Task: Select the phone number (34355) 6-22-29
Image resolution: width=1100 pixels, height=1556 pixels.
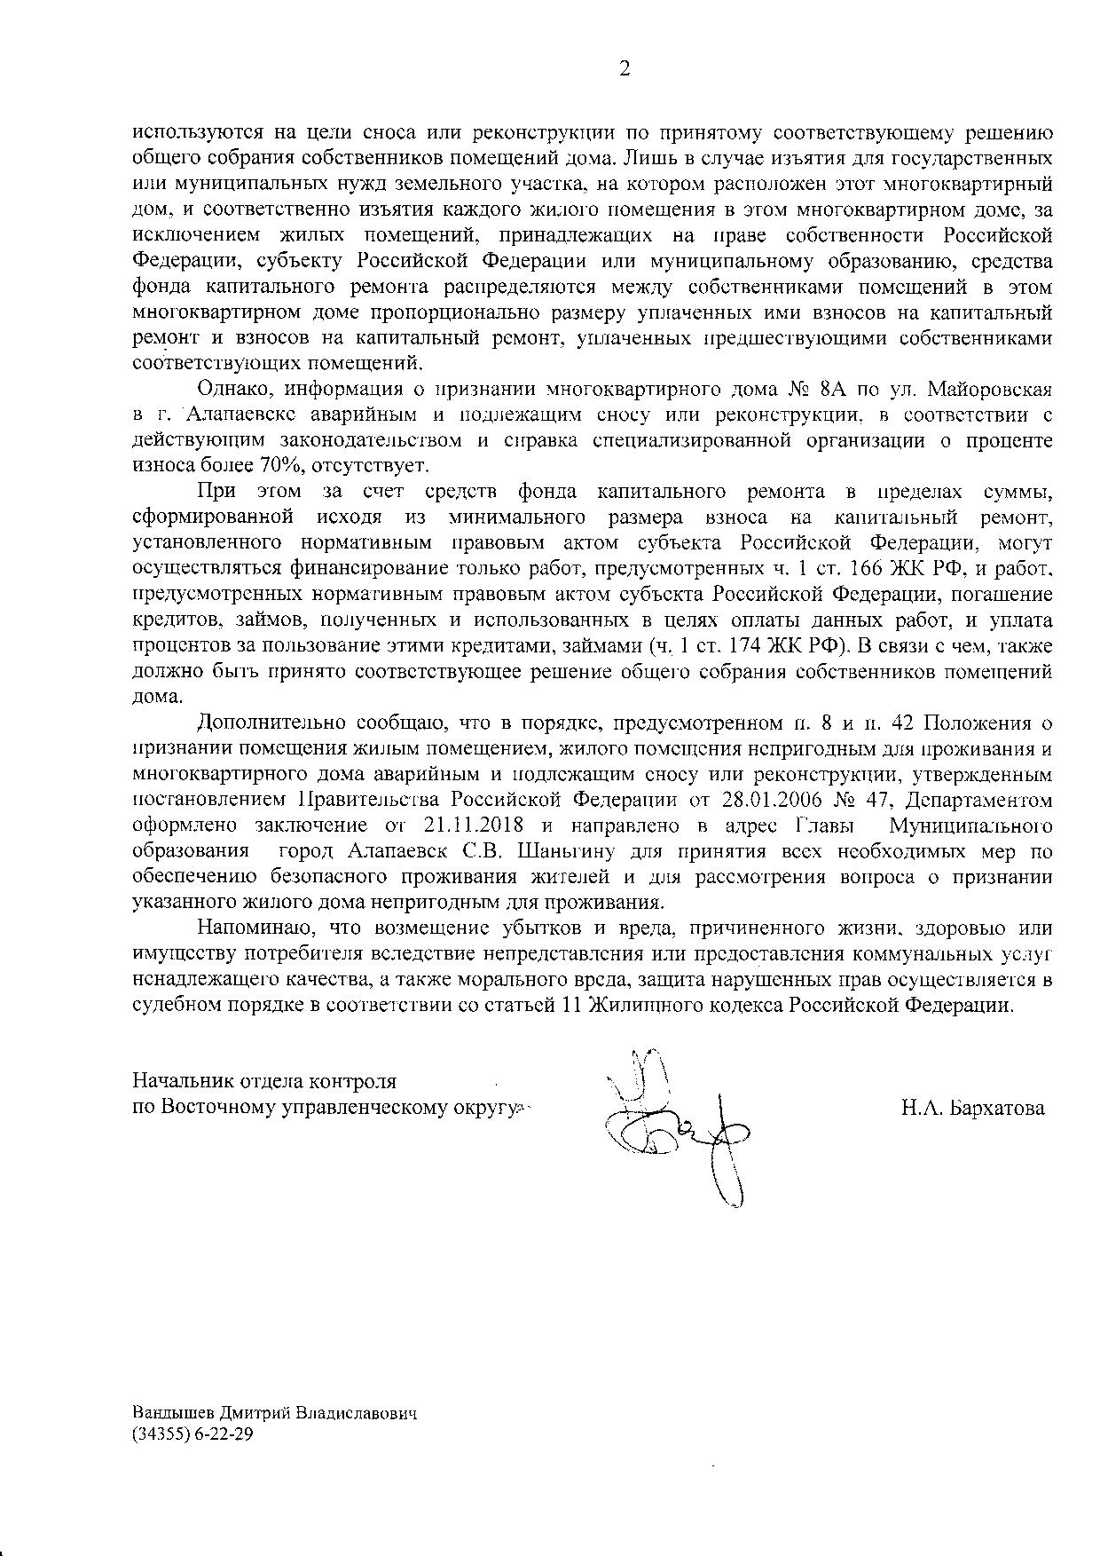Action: click(x=192, y=1434)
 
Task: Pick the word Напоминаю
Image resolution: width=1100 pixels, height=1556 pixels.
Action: click(x=250, y=928)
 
